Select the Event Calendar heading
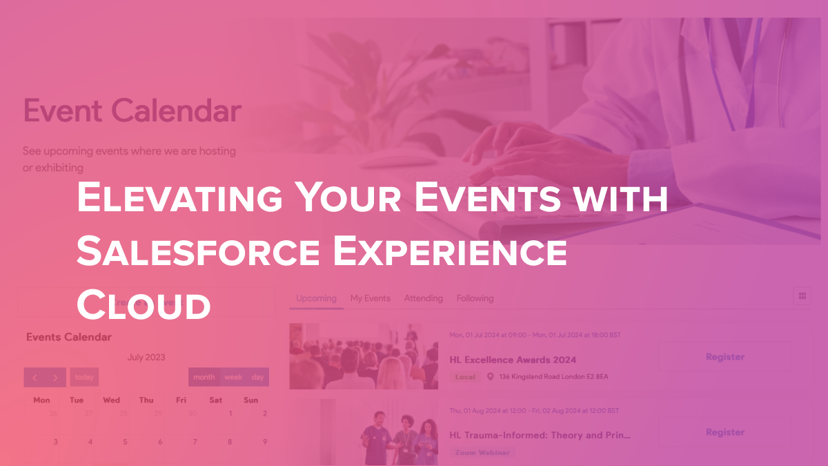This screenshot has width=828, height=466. (132, 110)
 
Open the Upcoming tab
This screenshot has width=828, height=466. (316, 298)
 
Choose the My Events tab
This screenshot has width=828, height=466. (370, 298)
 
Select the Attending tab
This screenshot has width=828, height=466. (423, 298)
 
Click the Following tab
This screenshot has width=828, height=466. (475, 298)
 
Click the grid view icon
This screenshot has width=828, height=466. (802, 295)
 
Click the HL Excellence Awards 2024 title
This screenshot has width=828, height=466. (513, 360)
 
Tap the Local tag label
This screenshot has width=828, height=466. (465, 377)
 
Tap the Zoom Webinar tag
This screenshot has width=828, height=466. (482, 453)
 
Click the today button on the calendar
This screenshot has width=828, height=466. (84, 378)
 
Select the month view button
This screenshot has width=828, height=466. (204, 378)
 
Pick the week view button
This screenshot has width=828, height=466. (233, 378)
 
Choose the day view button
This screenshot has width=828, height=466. (257, 378)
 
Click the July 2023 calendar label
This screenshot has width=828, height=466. (146, 358)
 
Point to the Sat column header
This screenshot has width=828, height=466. (216, 400)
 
